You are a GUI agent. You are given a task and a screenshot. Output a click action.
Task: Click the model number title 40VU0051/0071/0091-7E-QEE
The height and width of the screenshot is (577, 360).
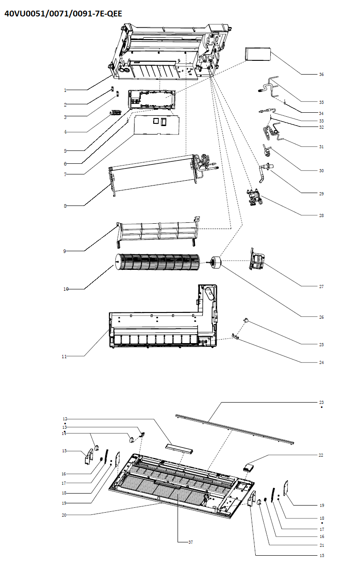[63, 14]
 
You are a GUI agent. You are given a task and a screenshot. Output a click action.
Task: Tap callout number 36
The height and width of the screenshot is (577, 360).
[321, 75]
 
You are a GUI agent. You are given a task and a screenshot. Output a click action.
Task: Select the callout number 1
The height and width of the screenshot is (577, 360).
[65, 90]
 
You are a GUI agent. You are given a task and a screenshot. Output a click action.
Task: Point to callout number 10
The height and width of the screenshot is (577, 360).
[65, 289]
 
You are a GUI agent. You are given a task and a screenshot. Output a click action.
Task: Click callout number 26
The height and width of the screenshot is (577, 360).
[321, 317]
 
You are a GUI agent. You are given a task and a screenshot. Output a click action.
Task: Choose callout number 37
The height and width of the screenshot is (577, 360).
[190, 542]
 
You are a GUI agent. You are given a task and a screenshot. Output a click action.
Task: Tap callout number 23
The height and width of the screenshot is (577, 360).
[321, 402]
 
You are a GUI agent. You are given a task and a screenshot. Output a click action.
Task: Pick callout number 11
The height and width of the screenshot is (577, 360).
[65, 356]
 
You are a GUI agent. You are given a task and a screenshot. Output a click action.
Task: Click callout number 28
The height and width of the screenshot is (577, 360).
[321, 216]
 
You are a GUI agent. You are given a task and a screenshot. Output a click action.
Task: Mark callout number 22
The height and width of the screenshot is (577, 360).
[321, 455]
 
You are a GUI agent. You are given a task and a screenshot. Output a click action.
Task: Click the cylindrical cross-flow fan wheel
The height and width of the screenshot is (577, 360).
[158, 262]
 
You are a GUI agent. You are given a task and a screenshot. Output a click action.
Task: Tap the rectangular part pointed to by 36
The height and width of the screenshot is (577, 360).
[258, 54]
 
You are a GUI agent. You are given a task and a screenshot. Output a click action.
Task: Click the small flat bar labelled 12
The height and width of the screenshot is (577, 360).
[179, 448]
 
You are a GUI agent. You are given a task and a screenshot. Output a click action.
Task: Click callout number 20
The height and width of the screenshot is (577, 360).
[65, 515]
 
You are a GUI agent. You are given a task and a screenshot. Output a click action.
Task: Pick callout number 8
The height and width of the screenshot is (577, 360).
[65, 206]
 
